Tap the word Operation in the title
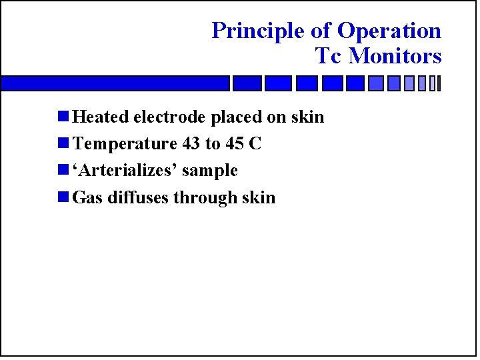389,31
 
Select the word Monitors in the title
395,57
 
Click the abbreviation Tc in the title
329,57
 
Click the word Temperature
125,144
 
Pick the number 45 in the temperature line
233,144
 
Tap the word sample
210,171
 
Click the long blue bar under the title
115,83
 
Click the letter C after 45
255,144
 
